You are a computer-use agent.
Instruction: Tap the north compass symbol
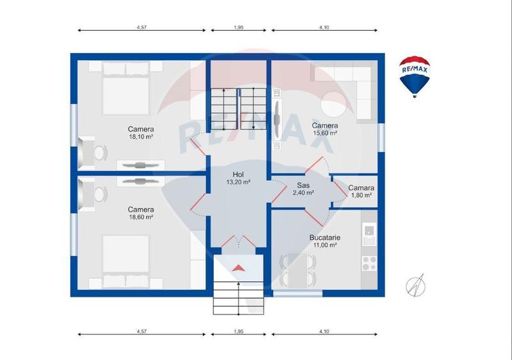(x=415, y=286)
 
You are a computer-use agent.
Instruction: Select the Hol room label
(x=238, y=175)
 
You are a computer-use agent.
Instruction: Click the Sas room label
(x=303, y=185)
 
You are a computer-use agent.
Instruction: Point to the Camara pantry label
(x=361, y=187)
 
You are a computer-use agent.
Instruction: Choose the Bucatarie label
(x=325, y=238)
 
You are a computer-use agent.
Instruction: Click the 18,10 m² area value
(x=141, y=137)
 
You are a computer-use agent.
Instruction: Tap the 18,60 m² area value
(x=141, y=217)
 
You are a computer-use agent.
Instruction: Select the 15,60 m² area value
(x=325, y=133)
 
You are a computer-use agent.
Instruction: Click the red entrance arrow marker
(x=238, y=268)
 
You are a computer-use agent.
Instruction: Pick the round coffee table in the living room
(x=333, y=104)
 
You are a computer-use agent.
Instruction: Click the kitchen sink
(x=370, y=233)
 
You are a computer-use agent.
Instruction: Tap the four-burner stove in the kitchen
(x=370, y=263)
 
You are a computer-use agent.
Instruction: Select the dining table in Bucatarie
(x=298, y=270)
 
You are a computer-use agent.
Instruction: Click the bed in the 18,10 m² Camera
(x=125, y=88)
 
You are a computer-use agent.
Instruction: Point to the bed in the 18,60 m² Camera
(x=125, y=262)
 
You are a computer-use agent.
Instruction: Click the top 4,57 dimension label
(x=141, y=27)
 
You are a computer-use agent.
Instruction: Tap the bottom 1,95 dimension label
(x=238, y=331)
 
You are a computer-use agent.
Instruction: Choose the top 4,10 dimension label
(x=324, y=27)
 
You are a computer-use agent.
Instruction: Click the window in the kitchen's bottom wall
(x=298, y=293)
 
